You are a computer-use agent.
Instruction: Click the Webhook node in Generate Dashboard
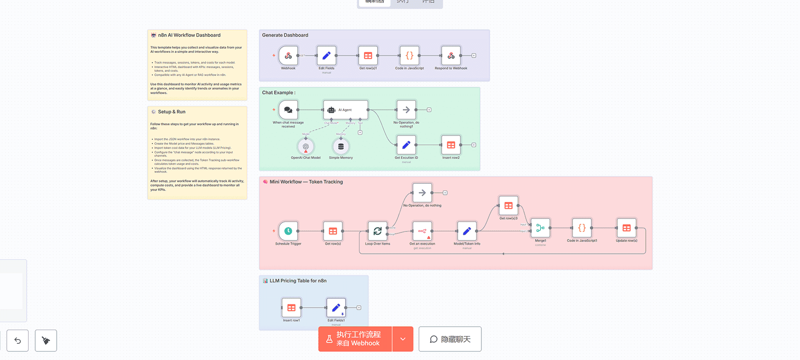(288, 56)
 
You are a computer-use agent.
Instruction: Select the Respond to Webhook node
(450, 56)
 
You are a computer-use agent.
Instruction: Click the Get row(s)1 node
(368, 56)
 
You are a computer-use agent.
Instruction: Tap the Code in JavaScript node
(409, 56)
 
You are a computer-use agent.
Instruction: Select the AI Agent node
(345, 110)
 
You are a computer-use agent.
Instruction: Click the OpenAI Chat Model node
(306, 147)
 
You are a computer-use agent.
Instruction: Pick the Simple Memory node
(340, 147)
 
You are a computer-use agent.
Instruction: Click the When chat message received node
(288, 110)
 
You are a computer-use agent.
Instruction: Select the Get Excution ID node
(406, 145)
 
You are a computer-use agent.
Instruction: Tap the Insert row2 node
(450, 145)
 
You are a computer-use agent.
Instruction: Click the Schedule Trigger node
(288, 231)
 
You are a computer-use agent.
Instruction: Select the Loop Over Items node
(377, 231)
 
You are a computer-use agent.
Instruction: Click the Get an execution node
(422, 231)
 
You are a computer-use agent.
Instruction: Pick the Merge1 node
(540, 228)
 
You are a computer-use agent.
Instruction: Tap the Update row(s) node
(626, 228)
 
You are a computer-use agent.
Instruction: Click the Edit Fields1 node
(336, 308)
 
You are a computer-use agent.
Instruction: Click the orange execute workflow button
(355, 339)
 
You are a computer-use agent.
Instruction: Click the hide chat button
(450, 339)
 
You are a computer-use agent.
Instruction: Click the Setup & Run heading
(171, 112)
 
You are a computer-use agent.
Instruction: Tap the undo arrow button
(18, 340)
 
